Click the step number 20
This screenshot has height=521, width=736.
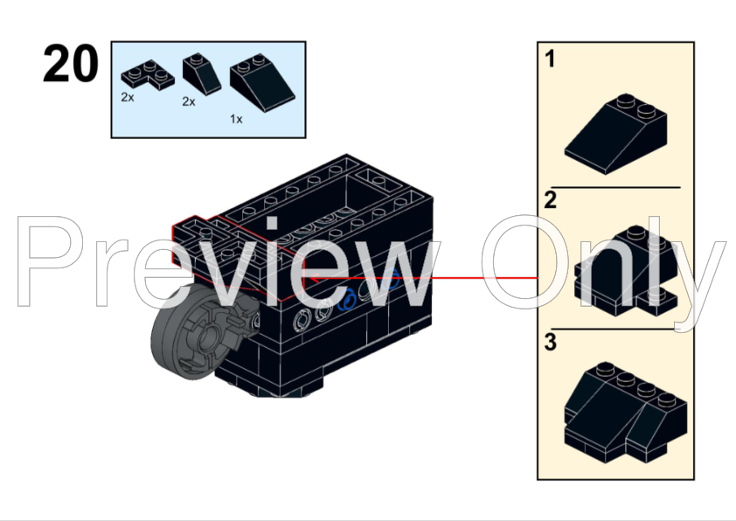71,64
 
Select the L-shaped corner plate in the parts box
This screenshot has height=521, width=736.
148,75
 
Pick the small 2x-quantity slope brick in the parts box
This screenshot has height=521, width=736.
202,73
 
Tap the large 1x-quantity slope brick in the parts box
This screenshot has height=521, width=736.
262,82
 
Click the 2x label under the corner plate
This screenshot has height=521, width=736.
128,97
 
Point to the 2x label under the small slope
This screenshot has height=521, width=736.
189,101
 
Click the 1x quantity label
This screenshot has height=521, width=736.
236,119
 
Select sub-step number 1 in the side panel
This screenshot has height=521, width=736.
550,59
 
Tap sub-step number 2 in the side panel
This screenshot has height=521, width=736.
550,200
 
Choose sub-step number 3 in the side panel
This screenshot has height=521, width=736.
550,342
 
